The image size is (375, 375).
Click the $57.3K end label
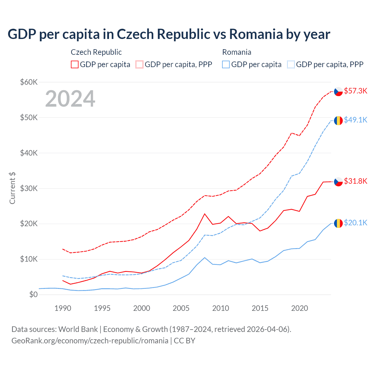tap(355, 91)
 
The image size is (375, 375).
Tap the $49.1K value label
tap(355, 120)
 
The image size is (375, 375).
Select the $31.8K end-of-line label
tap(355, 181)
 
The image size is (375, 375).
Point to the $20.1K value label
tap(355, 223)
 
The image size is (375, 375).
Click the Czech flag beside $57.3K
tap(338, 91)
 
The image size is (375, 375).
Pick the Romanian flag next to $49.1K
tap(338, 120)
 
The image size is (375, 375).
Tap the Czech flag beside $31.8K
tap(338, 182)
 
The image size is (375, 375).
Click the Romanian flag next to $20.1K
tap(338, 223)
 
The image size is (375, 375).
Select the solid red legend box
tap(75, 64)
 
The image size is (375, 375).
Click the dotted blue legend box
tap(291, 64)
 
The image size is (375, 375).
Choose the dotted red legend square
tap(139, 64)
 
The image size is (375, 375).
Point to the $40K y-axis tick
tap(29, 153)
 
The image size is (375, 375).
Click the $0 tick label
tap(33, 294)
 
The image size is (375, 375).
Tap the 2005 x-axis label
tap(181, 308)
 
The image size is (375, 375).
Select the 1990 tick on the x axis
tap(63, 308)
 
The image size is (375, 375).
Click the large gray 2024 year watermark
tap(70, 99)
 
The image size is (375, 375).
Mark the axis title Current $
tap(12, 188)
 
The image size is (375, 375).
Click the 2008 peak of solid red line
tap(204, 214)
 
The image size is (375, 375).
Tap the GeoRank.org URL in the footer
tap(90, 341)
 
